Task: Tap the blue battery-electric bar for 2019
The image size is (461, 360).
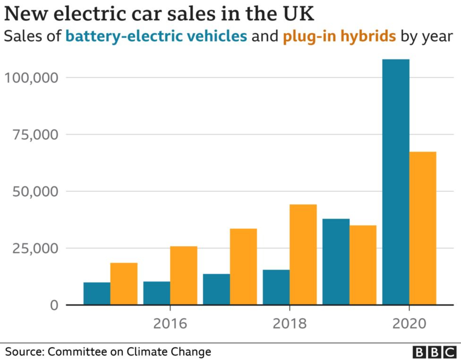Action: pos(336,262)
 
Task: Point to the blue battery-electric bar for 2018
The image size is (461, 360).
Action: pos(276,287)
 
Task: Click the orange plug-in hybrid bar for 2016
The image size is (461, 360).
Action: pos(183,275)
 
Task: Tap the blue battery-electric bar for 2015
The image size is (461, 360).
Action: pos(97,293)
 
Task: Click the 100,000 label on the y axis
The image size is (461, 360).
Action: pos(31,78)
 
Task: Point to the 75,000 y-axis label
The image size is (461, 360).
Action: pos(35,135)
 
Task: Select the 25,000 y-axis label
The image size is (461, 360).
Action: pos(35,248)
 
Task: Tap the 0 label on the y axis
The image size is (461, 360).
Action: pos(54,305)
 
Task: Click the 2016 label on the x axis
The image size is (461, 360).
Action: pos(170,324)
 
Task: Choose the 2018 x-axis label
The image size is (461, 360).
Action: pos(290,324)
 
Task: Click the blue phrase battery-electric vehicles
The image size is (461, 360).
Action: pos(156,36)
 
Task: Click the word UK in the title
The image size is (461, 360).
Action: pos(298,14)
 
